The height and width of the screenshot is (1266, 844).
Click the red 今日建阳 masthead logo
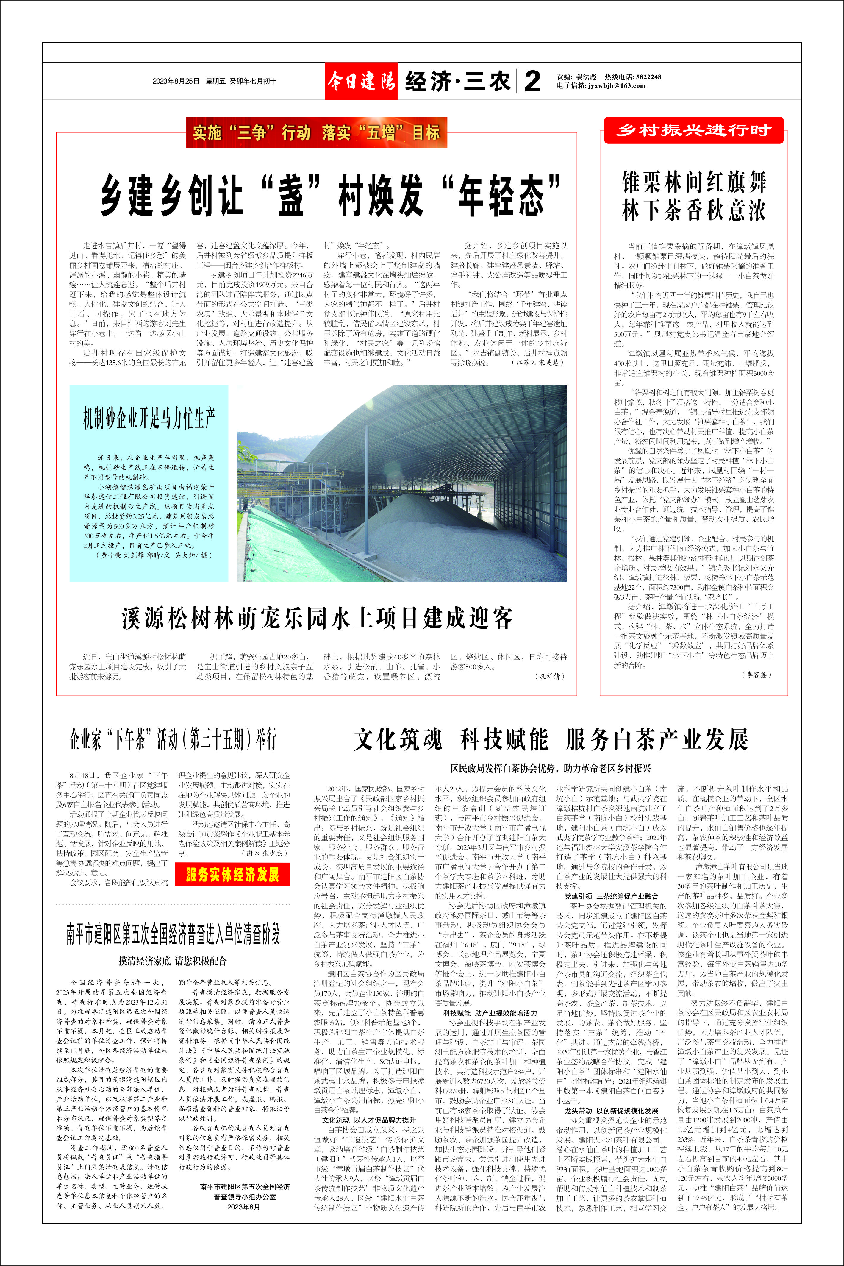[x=361, y=81]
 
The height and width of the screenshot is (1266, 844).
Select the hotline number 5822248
[x=648, y=77]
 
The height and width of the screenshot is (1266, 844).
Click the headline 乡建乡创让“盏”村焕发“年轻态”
[x=331, y=195]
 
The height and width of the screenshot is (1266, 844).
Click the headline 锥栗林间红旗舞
[x=694, y=182]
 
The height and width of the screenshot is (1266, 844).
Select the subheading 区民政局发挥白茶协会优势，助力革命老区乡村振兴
[x=551, y=768]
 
